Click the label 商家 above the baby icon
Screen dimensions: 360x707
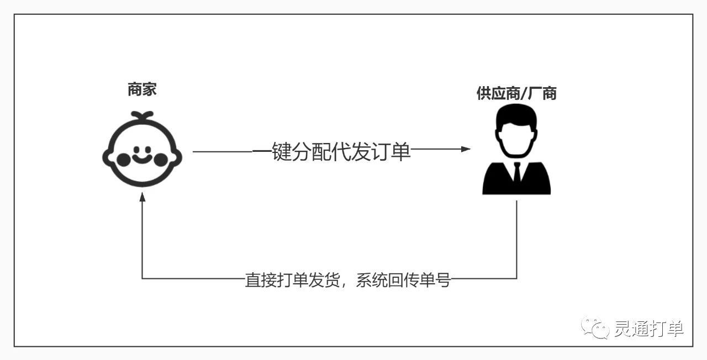click(142, 89)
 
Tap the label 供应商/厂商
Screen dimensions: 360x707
click(516, 93)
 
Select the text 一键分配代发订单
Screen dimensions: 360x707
click(331, 150)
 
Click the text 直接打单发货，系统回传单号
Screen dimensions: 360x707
click(348, 279)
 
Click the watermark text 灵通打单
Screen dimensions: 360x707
click(649, 329)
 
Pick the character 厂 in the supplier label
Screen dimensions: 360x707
click(534, 93)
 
